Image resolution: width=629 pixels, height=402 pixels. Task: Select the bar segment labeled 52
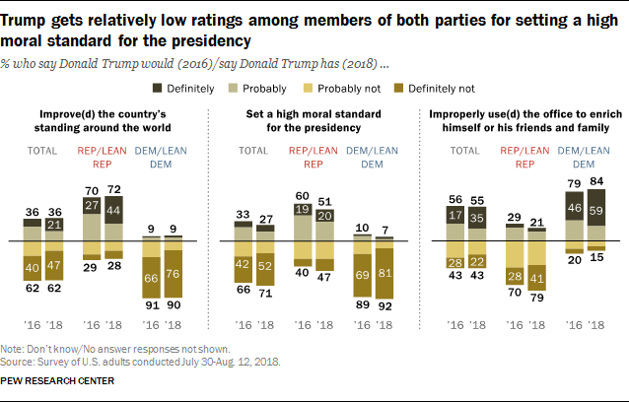tap(264, 265)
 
